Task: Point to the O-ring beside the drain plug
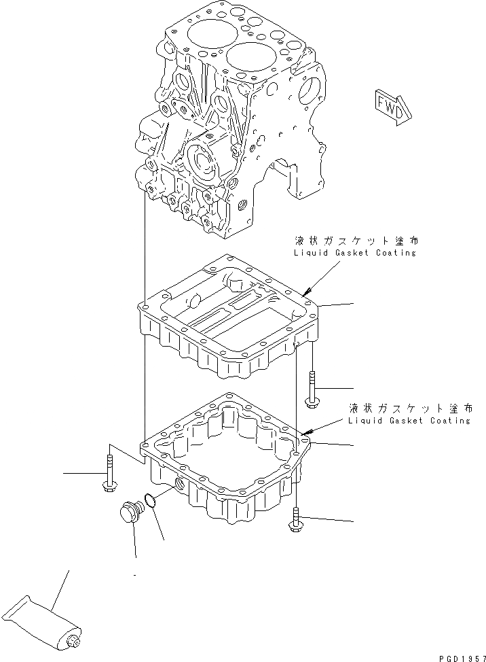(153, 502)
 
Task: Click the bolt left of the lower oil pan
(108, 472)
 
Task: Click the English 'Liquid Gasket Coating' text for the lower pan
(408, 420)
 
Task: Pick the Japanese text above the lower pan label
(409, 408)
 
